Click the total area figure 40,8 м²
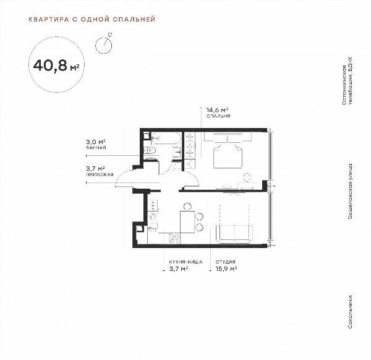point(56,66)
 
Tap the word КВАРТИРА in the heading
point(49,19)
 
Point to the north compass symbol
point(104,44)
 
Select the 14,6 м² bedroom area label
point(217,110)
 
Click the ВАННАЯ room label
point(96,148)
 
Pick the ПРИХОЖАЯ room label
point(100,174)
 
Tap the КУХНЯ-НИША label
point(185,262)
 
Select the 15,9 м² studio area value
point(226,269)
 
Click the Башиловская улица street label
point(350,191)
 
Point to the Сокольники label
point(350,312)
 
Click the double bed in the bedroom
point(228,151)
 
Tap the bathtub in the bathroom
point(166,138)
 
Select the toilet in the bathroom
point(150,150)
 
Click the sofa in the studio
point(234,234)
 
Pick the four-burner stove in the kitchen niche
point(174,238)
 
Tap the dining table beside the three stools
point(187,222)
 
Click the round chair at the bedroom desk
point(247,178)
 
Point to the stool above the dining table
point(187,207)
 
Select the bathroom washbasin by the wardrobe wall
point(177,152)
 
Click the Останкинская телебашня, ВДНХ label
point(347,81)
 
